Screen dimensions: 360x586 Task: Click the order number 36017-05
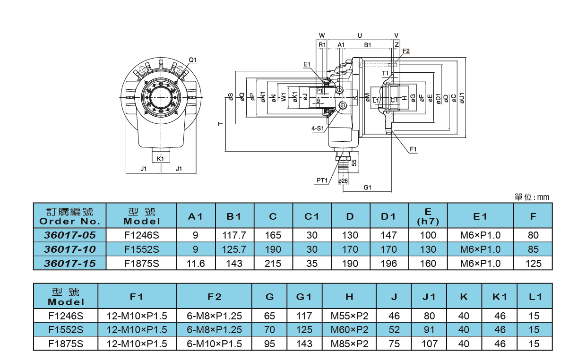[70, 235]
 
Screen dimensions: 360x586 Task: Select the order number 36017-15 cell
[70, 264]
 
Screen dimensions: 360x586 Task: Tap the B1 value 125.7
[234, 249]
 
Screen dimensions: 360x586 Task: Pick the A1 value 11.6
[196, 264]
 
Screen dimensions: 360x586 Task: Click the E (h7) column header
[428, 216]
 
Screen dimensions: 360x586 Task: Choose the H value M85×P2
[349, 344]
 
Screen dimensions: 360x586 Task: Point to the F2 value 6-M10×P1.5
[214, 344]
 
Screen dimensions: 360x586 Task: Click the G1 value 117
[304, 316]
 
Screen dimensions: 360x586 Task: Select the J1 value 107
[429, 344]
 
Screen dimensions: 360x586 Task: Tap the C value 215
[273, 264]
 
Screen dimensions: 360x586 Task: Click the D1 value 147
[388, 235]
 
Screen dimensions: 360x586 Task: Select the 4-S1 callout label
[318, 128]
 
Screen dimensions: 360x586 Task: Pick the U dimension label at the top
[360, 36]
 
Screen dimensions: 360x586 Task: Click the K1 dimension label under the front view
[160, 159]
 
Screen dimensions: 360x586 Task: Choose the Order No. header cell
[70, 216]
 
